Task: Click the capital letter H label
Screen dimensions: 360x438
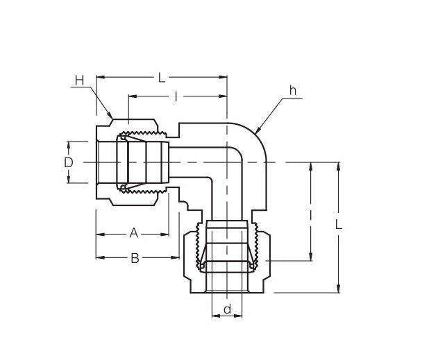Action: pyautogui.click(x=79, y=81)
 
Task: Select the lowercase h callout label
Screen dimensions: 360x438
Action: pyautogui.click(x=293, y=92)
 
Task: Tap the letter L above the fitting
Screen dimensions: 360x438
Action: pyautogui.click(x=162, y=78)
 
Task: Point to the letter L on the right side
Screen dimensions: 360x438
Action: pyautogui.click(x=338, y=225)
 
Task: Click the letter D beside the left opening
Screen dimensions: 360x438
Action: pyautogui.click(x=68, y=162)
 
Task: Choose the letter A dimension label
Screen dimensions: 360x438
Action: pyautogui.click(x=133, y=234)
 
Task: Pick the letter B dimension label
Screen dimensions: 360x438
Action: pyautogui.click(x=135, y=258)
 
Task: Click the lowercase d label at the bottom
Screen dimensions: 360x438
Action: pyautogui.click(x=226, y=309)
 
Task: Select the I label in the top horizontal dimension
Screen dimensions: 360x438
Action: pyautogui.click(x=176, y=96)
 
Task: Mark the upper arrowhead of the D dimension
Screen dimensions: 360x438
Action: pyautogui.click(x=68, y=144)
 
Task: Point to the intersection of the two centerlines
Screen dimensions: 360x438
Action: pyautogui.click(x=227, y=162)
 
